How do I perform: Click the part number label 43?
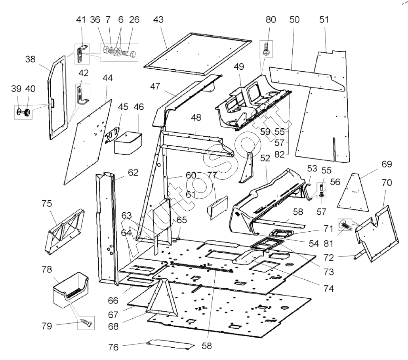coord(158,19)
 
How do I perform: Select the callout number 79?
coord(47,326)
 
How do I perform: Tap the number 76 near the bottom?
coord(113,347)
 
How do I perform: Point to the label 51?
coord(324,19)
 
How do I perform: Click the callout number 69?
coord(387,164)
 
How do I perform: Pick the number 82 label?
coord(279,154)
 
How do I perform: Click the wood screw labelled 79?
coord(86,322)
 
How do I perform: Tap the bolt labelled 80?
coord(267,49)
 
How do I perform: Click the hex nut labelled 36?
coord(106,50)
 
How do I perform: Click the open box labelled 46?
coord(128,143)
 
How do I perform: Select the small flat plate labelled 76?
coord(170,344)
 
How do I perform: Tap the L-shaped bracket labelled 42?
coord(83,95)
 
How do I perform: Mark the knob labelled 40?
coord(27,112)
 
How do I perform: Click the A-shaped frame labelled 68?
coord(162,297)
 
